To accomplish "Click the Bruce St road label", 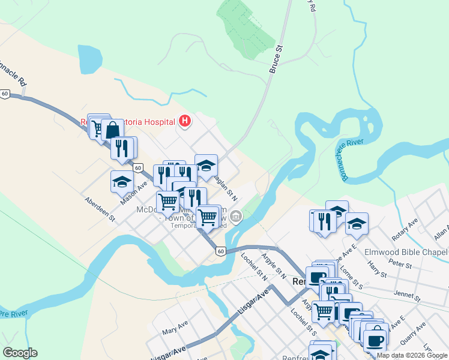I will (x=276, y=59).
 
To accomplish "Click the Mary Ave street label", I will (x=175, y=331).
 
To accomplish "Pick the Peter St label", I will (x=399, y=264).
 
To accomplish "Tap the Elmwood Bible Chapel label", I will (x=406, y=252).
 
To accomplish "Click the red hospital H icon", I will (x=185, y=122).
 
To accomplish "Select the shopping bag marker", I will (x=112, y=129).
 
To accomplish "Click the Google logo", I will (x=20, y=353).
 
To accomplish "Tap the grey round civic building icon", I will (x=237, y=216).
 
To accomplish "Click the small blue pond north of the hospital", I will (x=90, y=58).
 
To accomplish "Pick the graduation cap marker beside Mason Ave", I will (x=122, y=182).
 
